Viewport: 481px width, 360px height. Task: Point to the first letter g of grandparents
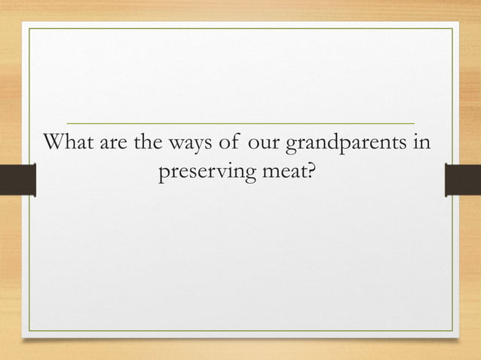coord(288,145)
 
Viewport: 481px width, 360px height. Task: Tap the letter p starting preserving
coord(161,176)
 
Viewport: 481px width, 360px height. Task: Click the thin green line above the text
coord(240,122)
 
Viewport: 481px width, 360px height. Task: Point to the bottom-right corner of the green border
coord(452,331)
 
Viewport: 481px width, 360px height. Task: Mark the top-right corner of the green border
coord(452,29)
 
